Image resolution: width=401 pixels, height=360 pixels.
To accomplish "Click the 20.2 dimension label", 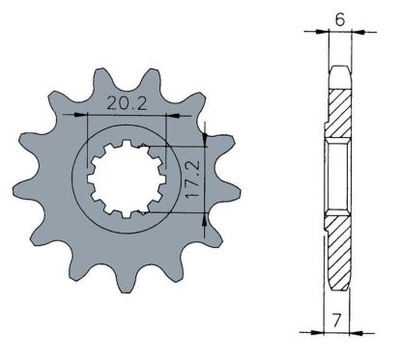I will pyautogui.click(x=126, y=101).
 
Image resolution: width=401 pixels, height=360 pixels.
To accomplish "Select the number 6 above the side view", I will pyautogui.click(x=338, y=16).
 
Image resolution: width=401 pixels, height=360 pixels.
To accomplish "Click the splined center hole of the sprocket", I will pyautogui.click(x=127, y=180).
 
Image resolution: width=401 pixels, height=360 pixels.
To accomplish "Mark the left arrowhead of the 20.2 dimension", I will pyautogui.click(x=91, y=114).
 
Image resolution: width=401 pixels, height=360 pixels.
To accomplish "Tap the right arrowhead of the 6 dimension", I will pyautogui.click(x=350, y=32).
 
